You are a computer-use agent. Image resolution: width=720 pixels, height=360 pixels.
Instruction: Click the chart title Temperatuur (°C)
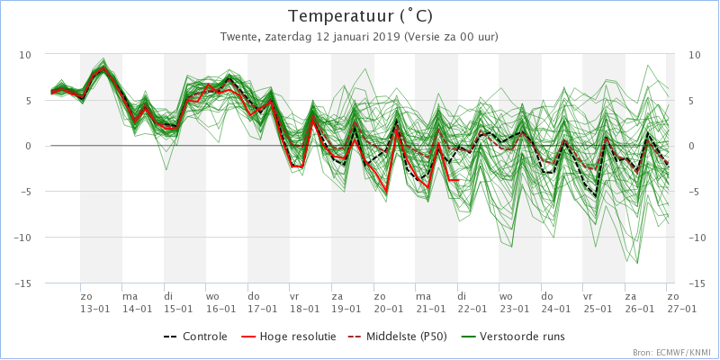tap(359, 16)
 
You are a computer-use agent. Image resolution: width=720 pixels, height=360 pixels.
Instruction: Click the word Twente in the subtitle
tap(238, 37)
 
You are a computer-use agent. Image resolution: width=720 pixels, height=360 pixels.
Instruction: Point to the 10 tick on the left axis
tap(25, 54)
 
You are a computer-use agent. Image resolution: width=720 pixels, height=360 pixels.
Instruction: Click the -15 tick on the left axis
tap(23, 283)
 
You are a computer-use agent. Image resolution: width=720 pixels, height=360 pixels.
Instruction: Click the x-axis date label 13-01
tap(94, 309)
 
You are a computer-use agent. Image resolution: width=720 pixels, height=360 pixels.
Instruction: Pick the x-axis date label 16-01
tap(220, 309)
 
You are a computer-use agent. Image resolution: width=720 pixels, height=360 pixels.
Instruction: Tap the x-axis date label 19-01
tap(346, 309)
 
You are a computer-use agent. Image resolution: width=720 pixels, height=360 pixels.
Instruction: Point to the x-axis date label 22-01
tap(471, 309)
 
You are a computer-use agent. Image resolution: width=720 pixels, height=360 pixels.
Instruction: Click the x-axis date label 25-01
tap(596, 309)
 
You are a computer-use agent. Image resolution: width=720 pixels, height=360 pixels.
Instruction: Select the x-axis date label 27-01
tap(680, 309)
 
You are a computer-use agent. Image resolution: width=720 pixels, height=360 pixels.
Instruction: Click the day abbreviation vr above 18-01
tap(294, 296)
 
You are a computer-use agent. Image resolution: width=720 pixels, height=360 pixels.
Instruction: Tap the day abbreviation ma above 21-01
tap(423, 296)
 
